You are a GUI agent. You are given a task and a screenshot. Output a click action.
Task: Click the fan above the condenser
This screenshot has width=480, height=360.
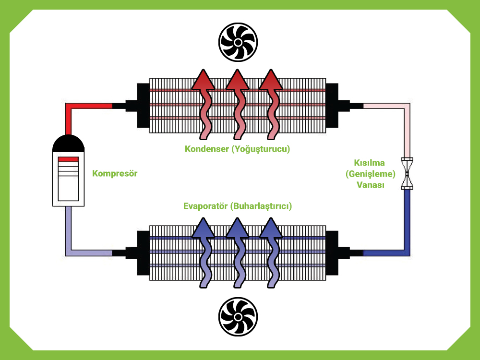[238, 42]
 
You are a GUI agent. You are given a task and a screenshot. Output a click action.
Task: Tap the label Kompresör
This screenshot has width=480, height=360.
[115, 173]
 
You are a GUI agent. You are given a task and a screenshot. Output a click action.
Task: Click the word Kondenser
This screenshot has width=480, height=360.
[206, 149]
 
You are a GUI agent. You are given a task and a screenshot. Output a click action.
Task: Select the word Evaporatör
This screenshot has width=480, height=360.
[205, 206]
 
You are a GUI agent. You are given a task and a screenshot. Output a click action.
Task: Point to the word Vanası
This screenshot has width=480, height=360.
[370, 185]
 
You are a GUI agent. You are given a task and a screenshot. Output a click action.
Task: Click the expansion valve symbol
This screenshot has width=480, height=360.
[408, 174]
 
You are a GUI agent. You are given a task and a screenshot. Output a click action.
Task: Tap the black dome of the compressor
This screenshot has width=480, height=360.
[69, 144]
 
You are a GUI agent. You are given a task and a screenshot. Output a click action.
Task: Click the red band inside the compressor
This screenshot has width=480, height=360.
[68, 159]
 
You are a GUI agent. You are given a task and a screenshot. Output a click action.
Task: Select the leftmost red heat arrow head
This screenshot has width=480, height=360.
[204, 80]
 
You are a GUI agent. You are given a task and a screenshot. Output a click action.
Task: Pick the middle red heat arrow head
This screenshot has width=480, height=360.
[238, 80]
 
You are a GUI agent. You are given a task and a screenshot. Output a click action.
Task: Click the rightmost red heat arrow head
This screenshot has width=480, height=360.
[271, 80]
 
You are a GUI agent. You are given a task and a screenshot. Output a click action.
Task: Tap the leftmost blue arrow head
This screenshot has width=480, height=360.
[204, 228]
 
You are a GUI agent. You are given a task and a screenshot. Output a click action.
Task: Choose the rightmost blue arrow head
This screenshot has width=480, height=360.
[271, 228]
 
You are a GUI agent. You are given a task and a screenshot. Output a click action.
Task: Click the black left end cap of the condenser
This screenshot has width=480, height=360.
[143, 105]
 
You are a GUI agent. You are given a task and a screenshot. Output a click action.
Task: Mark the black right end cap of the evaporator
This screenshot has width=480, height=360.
[333, 252]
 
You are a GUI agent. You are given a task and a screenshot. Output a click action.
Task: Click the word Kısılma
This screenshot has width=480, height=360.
[370, 163]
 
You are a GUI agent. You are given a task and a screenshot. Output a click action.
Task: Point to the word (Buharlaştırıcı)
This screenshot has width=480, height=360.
[261, 206]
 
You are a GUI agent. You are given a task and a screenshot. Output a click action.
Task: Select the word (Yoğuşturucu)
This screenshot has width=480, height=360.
[261, 149]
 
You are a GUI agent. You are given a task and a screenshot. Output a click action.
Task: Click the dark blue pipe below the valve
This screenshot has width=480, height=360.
[408, 216]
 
